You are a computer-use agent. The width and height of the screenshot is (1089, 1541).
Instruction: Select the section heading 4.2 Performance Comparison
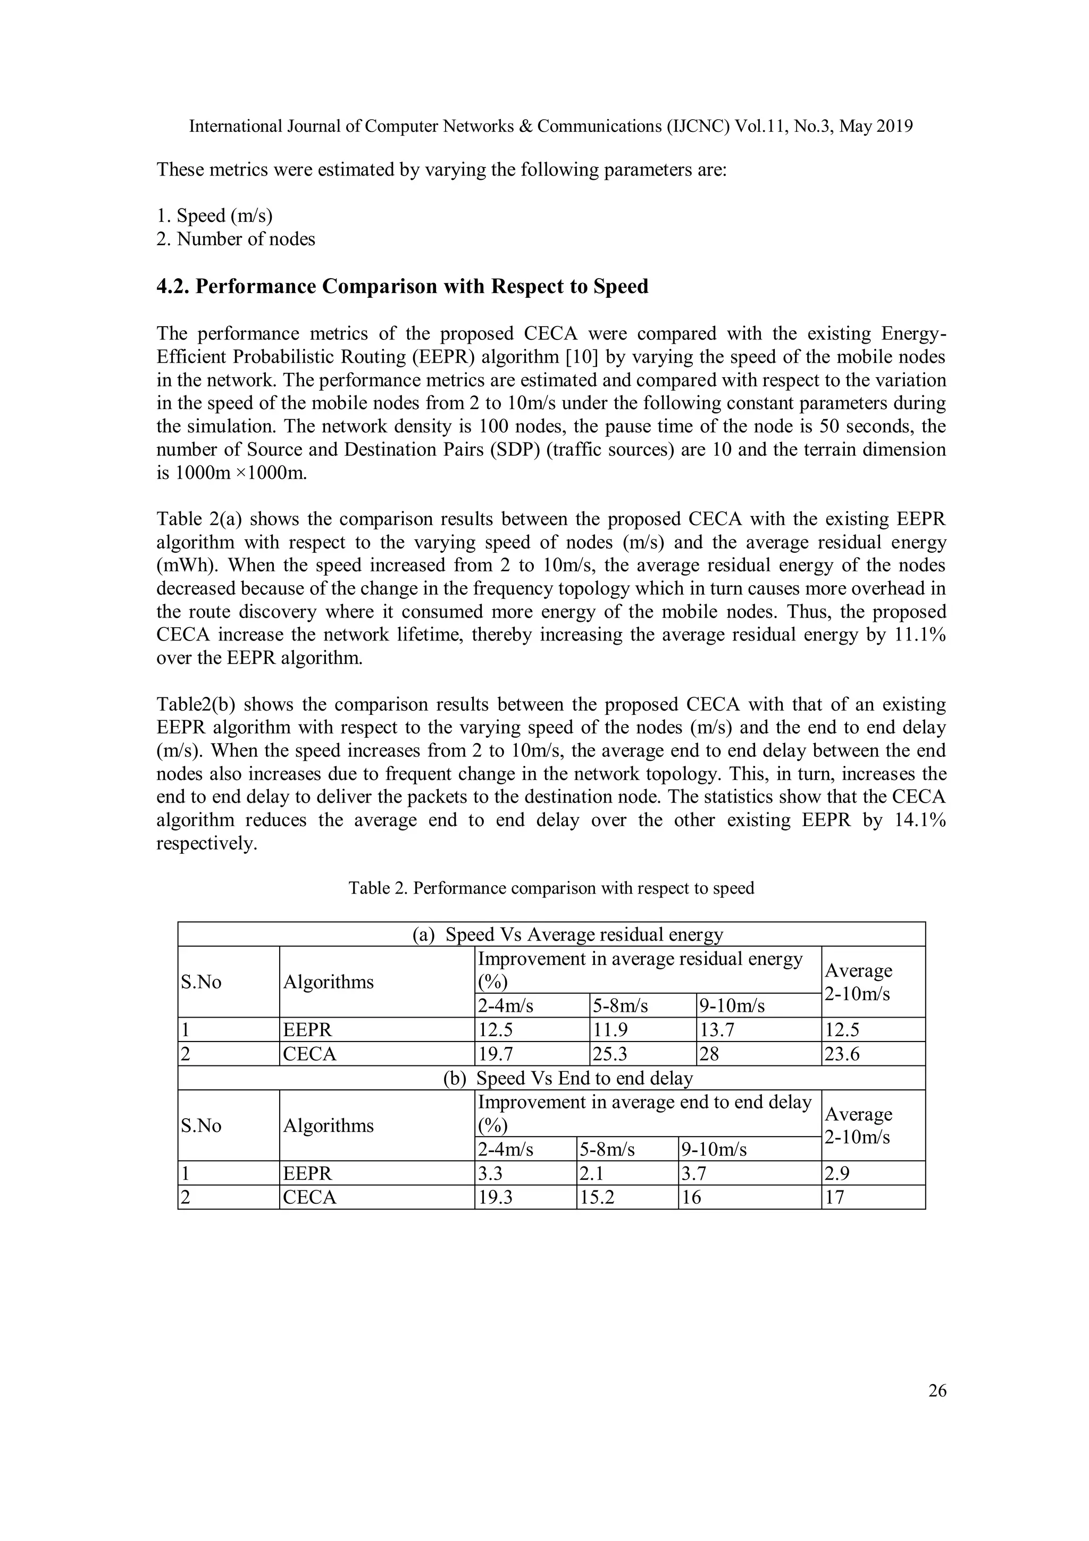(403, 287)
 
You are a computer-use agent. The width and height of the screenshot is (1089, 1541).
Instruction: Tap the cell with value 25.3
(610, 1054)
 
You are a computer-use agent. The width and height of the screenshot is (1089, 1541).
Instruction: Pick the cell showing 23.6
(842, 1054)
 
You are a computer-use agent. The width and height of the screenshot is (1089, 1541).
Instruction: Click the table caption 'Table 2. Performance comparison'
(551, 888)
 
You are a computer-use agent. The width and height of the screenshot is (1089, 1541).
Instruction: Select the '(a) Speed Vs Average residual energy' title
(568, 934)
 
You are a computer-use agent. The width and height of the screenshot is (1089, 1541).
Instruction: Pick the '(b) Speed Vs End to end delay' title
(568, 1078)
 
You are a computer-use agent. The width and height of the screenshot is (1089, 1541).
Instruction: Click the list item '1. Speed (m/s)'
(215, 215)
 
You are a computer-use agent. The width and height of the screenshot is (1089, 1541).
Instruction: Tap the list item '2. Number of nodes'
(236, 239)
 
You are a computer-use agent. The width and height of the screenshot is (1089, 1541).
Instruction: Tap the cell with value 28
(709, 1054)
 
